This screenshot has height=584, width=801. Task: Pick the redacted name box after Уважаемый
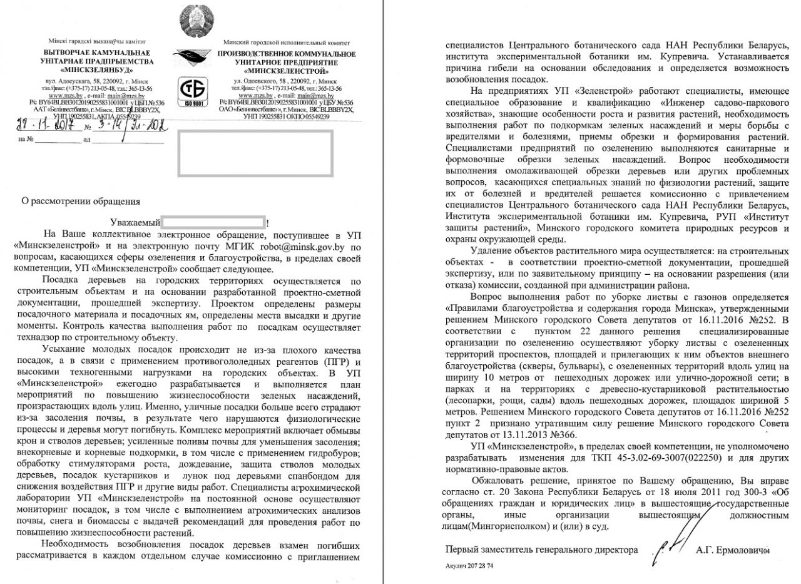[212, 222]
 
